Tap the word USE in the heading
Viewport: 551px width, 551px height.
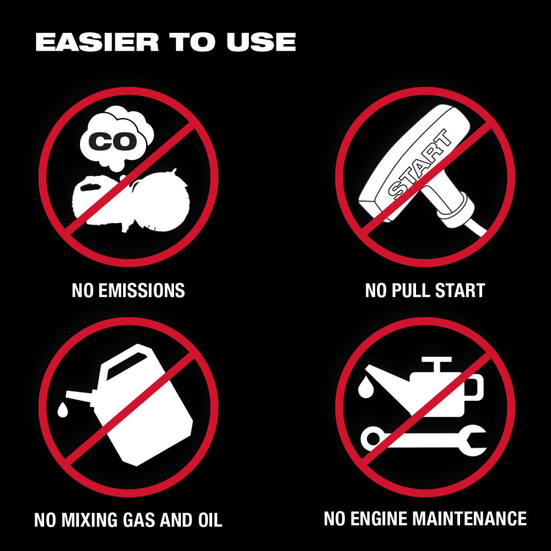(x=261, y=42)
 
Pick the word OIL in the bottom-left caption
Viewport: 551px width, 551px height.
(x=209, y=520)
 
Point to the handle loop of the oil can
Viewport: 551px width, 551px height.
(x=474, y=388)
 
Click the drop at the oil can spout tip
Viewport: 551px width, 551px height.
(x=364, y=388)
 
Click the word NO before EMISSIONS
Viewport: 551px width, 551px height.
(x=83, y=290)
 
